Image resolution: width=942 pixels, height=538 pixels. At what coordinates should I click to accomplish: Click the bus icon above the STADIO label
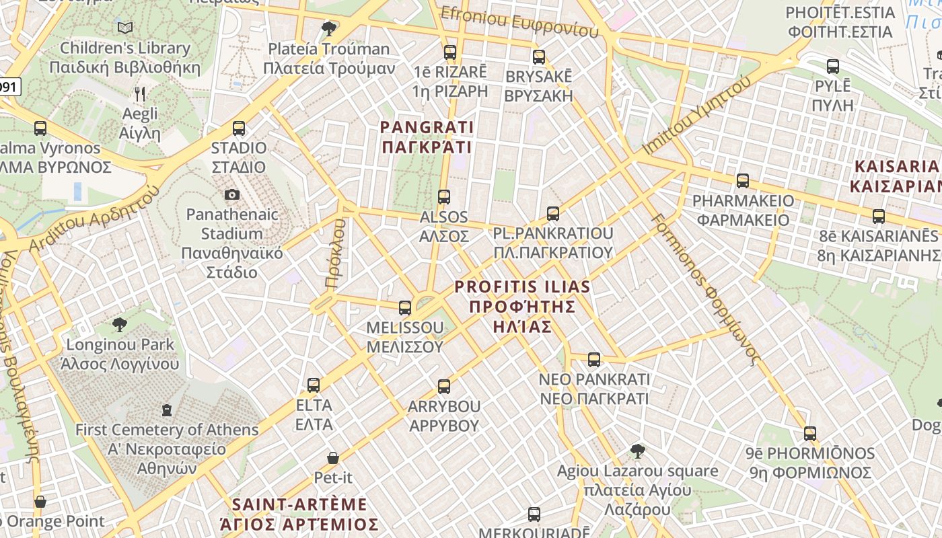point(238,128)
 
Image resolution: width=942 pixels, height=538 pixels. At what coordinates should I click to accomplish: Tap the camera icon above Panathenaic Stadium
point(232,195)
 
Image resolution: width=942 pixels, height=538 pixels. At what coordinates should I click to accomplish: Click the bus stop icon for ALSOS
point(444,197)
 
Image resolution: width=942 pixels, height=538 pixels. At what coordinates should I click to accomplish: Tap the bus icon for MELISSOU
point(405,308)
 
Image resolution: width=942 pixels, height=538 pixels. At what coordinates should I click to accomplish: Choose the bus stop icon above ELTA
point(314,385)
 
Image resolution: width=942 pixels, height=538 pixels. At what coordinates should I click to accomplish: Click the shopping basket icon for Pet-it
point(333,458)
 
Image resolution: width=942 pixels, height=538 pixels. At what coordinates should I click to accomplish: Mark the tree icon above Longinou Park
point(120,325)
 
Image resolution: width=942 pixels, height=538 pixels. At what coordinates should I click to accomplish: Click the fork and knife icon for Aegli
point(140,93)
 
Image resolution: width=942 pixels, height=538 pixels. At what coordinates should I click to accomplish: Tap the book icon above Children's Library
point(125,28)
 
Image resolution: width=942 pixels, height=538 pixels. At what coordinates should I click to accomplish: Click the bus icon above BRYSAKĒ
point(538,56)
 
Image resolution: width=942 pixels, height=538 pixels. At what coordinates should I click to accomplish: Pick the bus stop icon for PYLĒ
point(833,67)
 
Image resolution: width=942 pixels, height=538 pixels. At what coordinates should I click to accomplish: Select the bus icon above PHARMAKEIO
point(743,181)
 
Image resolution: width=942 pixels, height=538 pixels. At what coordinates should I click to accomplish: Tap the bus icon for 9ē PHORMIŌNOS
point(810,434)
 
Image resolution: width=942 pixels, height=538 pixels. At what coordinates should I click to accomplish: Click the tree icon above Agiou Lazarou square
point(638,451)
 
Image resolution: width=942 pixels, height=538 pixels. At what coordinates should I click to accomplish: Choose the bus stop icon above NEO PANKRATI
point(594,360)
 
